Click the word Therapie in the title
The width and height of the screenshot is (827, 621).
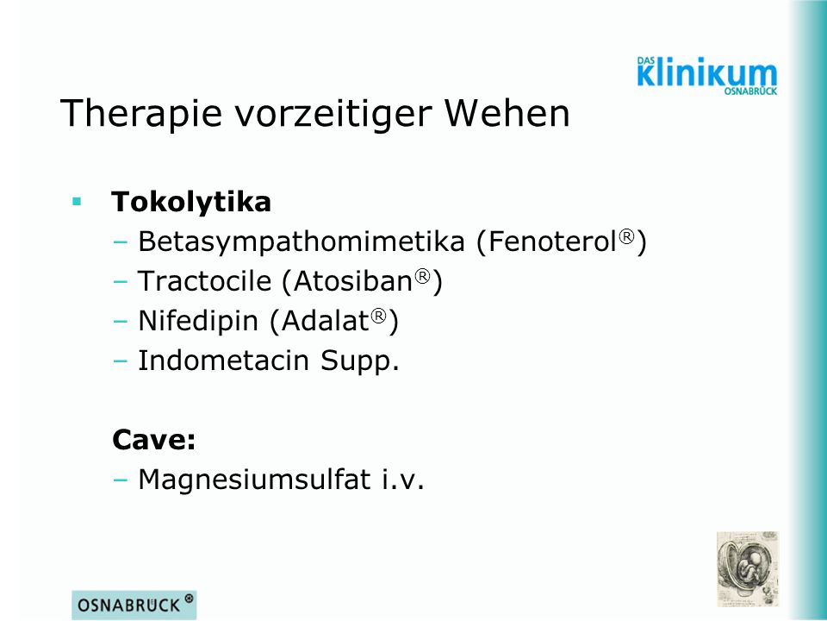pos(141,113)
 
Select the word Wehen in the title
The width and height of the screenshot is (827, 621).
pos(507,112)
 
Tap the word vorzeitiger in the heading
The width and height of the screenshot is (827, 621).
pos(333,113)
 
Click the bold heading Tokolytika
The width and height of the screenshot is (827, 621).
pos(191,201)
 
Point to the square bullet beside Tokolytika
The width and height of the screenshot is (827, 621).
pos(77,201)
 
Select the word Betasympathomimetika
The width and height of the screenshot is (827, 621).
pos(302,241)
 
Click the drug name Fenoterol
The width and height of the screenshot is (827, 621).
pos(552,241)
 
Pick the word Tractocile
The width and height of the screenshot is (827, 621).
pos(204,280)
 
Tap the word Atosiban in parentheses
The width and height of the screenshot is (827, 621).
pos(353,280)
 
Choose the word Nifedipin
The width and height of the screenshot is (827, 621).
pos(198,321)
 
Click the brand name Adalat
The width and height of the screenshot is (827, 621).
pos(325,321)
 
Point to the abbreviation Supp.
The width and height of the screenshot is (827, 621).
pos(360,361)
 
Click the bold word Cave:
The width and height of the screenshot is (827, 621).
pos(153,439)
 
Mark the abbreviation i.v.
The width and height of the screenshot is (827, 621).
pos(403,480)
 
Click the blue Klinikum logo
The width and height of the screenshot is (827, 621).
pos(707,76)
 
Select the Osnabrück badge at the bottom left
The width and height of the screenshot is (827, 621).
pos(134,605)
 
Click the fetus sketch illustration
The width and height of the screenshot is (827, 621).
pos(748,568)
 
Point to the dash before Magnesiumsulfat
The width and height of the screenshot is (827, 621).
pos(121,480)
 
